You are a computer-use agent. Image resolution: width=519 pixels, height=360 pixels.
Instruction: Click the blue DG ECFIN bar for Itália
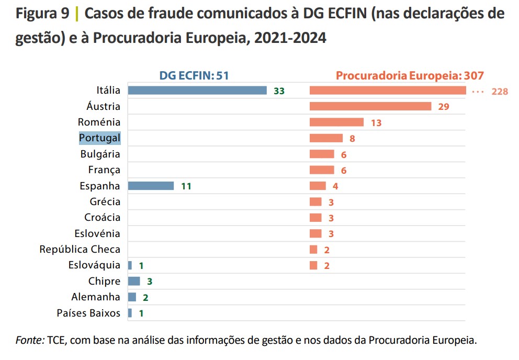click(x=197, y=91)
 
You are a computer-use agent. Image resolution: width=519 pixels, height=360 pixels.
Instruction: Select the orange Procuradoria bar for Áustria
click(x=370, y=106)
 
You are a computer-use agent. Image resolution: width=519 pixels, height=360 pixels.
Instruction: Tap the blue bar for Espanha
click(x=151, y=186)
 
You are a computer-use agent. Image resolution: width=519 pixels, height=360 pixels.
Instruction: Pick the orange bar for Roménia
click(x=336, y=122)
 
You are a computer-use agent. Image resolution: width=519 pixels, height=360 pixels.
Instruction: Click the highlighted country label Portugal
click(x=100, y=138)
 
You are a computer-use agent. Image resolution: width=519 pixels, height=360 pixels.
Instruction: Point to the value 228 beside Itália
click(x=500, y=92)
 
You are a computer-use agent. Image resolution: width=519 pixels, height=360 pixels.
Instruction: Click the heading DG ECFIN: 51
click(x=194, y=75)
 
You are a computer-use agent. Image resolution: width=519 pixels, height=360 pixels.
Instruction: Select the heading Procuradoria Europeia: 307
click(x=410, y=75)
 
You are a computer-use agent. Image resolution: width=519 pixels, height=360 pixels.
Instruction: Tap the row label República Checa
click(x=80, y=249)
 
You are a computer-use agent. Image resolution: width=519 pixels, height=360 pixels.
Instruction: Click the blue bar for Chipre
click(x=134, y=281)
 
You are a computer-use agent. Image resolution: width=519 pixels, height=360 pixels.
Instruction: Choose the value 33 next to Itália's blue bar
click(x=279, y=92)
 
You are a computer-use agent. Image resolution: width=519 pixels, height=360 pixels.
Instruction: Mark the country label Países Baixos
click(x=88, y=313)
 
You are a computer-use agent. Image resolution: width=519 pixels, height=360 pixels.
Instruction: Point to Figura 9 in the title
click(x=42, y=14)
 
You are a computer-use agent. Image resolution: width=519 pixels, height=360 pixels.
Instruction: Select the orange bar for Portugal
click(x=326, y=138)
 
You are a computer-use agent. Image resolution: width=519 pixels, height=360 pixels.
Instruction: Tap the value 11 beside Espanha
click(x=186, y=186)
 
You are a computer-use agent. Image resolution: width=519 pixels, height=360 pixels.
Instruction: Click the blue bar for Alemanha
click(x=132, y=297)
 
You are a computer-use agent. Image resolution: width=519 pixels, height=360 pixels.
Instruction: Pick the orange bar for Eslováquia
click(x=313, y=265)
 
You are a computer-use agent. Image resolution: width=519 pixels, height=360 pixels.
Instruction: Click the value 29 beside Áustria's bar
click(x=444, y=107)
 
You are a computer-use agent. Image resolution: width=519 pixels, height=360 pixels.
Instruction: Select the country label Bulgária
click(x=100, y=154)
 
